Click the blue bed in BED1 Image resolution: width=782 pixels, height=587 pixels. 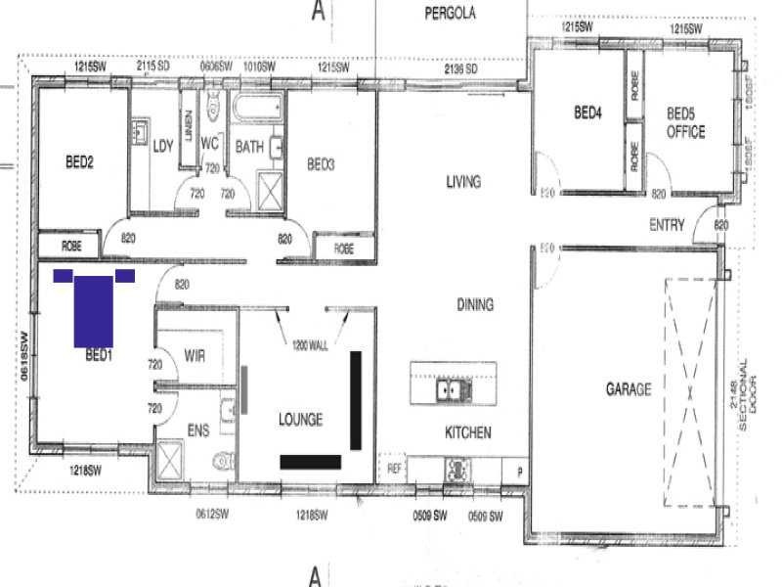[x=94, y=310]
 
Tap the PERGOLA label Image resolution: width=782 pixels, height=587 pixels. [x=450, y=14]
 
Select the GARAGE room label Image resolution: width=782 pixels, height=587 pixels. [x=628, y=389]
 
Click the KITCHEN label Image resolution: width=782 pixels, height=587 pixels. [x=468, y=432]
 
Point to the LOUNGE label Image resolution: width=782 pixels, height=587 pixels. [x=300, y=420]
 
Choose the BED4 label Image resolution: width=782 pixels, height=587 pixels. [x=586, y=113]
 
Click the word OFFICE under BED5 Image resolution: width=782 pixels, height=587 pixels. [x=685, y=132]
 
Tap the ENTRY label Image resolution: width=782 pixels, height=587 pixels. [x=667, y=226]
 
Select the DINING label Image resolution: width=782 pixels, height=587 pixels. [x=474, y=305]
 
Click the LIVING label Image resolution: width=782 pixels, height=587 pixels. [x=463, y=182]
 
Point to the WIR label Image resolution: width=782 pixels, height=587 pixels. [x=195, y=356]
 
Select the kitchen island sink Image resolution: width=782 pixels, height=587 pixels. [x=455, y=390]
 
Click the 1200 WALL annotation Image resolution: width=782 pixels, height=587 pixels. [x=310, y=344]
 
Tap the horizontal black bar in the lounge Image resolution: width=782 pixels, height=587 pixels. [x=310, y=462]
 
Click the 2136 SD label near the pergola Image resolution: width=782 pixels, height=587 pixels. [x=459, y=69]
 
